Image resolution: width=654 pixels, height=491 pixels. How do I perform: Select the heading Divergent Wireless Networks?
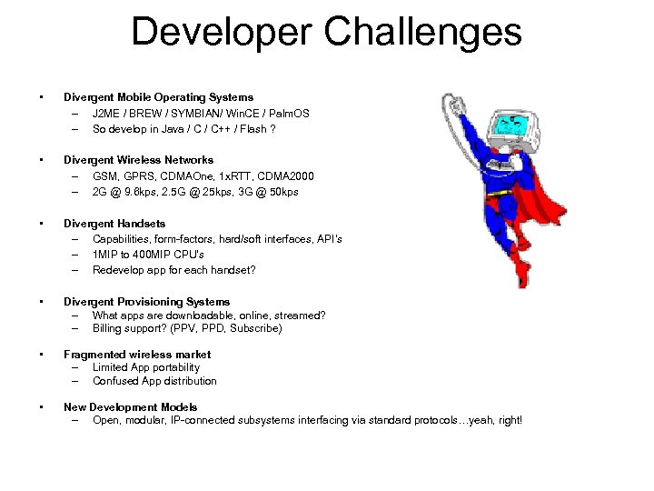[x=138, y=160]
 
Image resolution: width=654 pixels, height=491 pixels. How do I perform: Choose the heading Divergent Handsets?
[x=114, y=223]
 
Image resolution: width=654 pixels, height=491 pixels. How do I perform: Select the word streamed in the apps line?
[x=302, y=316]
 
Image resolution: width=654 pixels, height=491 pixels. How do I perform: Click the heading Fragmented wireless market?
[x=136, y=355]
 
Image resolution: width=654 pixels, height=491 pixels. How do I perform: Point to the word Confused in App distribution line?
[x=115, y=381]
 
